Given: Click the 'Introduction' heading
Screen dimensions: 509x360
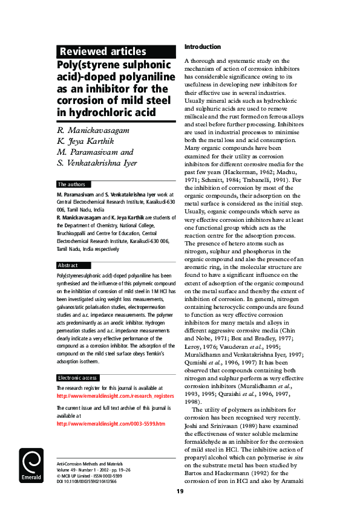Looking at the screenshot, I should (x=203, y=47).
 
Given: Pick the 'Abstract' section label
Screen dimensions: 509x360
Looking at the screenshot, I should (x=68, y=265).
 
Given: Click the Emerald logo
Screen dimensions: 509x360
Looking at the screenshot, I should (x=30, y=466).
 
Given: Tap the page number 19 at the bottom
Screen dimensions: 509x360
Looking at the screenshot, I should (x=180, y=491).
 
